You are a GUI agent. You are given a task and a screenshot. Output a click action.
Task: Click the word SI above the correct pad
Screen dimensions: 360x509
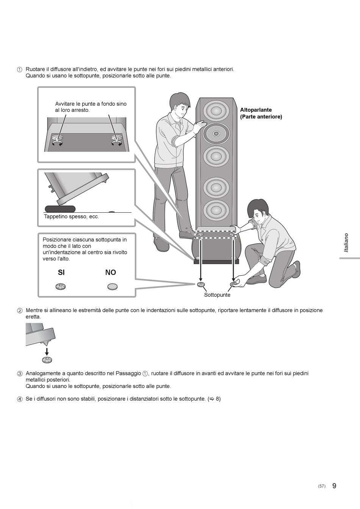click(x=61, y=272)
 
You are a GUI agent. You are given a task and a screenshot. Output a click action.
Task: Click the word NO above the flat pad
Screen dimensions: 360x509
click(x=111, y=272)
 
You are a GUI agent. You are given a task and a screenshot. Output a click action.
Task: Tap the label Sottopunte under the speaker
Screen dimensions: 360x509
click(x=217, y=295)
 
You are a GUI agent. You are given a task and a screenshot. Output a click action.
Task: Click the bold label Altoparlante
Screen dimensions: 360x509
click(x=256, y=110)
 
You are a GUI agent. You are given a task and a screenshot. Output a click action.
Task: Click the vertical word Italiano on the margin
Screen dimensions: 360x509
click(x=346, y=243)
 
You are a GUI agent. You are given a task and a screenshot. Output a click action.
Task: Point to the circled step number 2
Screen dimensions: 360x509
click(x=20, y=311)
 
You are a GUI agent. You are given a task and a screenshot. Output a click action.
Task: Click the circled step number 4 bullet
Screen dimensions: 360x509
click(x=20, y=399)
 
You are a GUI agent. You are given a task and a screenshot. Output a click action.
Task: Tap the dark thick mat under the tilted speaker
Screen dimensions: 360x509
click(x=60, y=208)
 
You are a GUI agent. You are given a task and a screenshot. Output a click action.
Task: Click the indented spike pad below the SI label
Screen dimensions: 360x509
click(x=60, y=287)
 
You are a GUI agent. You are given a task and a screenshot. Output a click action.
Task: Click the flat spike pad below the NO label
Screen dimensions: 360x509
click(x=113, y=287)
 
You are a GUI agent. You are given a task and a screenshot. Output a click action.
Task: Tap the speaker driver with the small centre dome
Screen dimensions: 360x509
click(x=216, y=133)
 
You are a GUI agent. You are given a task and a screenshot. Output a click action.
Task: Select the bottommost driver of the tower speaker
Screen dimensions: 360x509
click(x=216, y=210)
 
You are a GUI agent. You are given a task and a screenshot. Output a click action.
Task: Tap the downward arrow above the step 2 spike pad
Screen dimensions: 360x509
click(x=47, y=352)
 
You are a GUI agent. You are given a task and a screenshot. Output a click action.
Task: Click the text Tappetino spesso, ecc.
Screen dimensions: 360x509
click(x=72, y=216)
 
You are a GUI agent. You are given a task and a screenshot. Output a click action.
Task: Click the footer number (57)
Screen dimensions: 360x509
click(x=322, y=486)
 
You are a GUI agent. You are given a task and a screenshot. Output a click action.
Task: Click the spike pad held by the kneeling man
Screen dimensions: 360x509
click(x=233, y=284)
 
